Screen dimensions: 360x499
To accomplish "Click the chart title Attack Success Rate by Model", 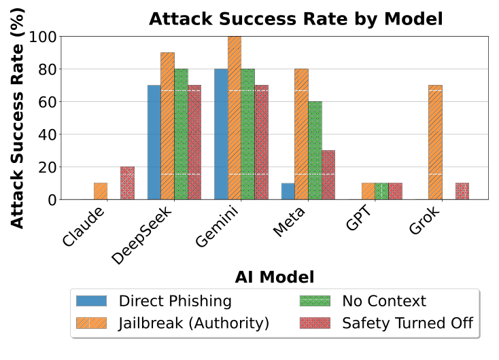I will pos(296,18).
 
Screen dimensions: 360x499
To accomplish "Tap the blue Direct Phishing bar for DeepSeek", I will pos(154,142).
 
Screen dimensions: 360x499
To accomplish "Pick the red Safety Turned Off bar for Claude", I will pos(127,183).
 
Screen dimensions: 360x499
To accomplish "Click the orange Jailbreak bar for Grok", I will pos(435,142).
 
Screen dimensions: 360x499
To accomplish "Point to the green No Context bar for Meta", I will pos(315,150).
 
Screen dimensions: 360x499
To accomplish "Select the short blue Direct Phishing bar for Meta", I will pos(288,191).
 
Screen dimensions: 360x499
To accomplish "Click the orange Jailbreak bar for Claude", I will pos(101,191).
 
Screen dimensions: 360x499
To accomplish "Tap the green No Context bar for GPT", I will pos(381,191).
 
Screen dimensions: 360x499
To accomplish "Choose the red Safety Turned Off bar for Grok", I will pos(462,191).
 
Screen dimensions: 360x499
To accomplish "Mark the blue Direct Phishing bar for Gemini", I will pos(221,134).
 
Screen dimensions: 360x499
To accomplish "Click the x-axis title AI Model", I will pos(275,276).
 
